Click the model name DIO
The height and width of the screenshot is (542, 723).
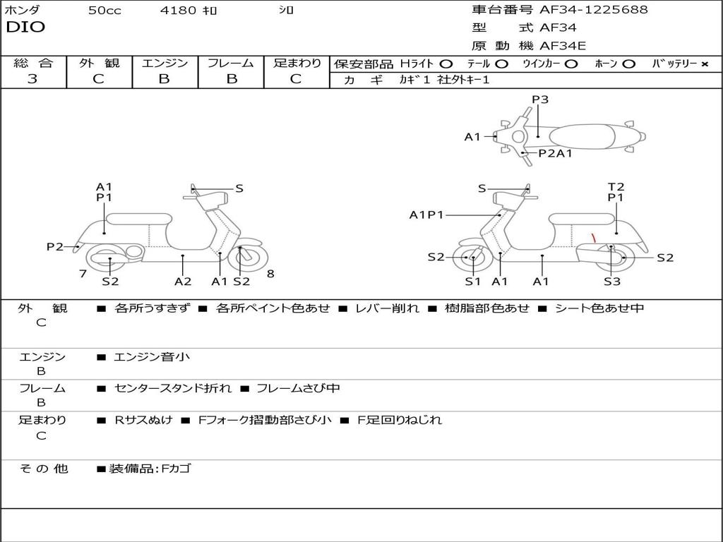coord(25,28)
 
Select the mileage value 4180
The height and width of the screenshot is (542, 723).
coord(178,11)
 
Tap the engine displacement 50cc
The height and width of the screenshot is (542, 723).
coord(104,11)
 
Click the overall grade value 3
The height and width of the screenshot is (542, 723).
coord(32,79)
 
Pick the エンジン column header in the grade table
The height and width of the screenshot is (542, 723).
coord(165,63)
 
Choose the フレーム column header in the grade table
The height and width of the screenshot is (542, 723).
coord(231,63)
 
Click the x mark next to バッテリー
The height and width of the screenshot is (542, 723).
coord(704,64)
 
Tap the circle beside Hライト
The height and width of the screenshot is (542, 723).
coord(446,64)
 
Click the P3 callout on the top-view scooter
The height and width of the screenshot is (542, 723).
coord(540,100)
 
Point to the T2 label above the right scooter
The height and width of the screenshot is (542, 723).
coord(616,187)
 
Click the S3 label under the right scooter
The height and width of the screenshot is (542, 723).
coord(612,282)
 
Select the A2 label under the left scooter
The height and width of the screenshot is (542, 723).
coord(183,282)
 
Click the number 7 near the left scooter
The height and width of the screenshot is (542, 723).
coord(83,274)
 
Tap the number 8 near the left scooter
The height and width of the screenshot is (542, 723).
coord(270,274)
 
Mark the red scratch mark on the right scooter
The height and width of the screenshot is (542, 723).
coord(594,238)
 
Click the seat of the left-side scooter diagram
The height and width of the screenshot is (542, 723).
coord(138,218)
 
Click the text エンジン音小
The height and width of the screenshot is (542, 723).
coord(152,357)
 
